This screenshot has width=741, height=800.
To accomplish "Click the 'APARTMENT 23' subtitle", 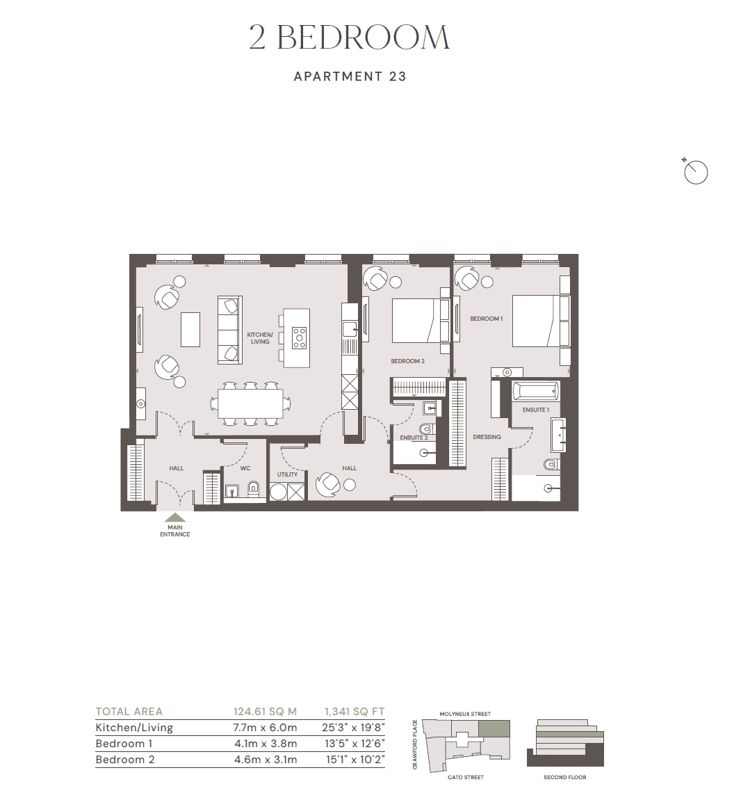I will [x=350, y=77].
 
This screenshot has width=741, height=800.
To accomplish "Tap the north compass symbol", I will [x=695, y=172].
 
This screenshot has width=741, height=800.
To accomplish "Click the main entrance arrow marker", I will [x=175, y=518].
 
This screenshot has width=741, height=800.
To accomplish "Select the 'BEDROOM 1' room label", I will [x=486, y=319].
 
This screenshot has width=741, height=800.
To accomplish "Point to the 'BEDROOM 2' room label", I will [x=407, y=361].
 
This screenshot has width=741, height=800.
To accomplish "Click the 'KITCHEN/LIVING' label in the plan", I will [x=260, y=338].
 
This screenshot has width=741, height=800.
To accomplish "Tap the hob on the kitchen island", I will [x=299, y=337].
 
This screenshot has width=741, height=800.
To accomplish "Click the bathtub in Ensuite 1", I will [x=535, y=391].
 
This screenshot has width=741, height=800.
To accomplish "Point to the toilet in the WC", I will [x=253, y=488].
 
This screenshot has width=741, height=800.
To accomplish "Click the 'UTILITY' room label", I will [x=287, y=474].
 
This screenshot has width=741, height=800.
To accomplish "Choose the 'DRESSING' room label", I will [x=487, y=437].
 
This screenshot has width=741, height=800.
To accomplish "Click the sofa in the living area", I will [x=229, y=330].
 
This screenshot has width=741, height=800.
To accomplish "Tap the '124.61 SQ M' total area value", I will [x=265, y=712].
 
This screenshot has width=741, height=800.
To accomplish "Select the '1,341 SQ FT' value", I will [x=354, y=712].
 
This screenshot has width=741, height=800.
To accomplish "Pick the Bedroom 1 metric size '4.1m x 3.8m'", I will [x=265, y=744].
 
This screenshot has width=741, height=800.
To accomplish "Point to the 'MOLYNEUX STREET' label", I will [x=465, y=714].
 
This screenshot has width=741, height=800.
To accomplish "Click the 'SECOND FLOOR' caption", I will [x=564, y=777].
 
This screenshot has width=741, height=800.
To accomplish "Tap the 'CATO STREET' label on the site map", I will [x=465, y=777].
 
